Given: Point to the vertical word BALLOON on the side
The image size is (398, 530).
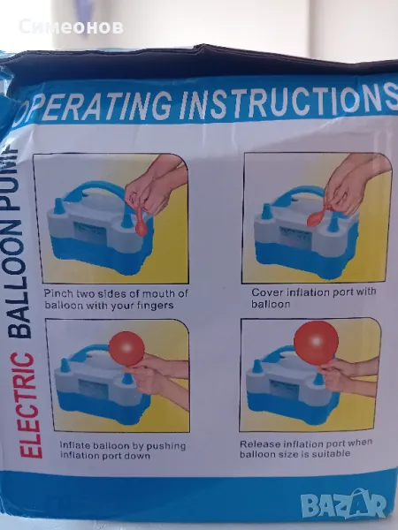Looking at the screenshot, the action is click(x=19, y=277).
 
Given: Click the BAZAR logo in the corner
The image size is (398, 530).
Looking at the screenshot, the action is click(x=343, y=504).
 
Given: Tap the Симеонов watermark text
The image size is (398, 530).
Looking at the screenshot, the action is click(x=71, y=27).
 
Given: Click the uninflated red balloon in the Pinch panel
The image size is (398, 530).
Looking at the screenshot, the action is click(x=142, y=223).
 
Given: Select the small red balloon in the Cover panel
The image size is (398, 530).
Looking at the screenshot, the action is click(x=317, y=217).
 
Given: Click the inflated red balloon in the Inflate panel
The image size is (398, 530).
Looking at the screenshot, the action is click(x=126, y=349).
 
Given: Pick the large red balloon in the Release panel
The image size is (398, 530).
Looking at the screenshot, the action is click(x=316, y=343).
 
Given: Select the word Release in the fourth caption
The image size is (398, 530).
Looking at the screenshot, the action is click(x=260, y=443).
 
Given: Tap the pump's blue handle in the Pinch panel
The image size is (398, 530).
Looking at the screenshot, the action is click(x=98, y=191).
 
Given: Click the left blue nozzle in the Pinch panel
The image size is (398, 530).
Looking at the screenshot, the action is click(x=59, y=206).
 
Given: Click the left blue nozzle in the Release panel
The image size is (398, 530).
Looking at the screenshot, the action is click(x=258, y=366).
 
